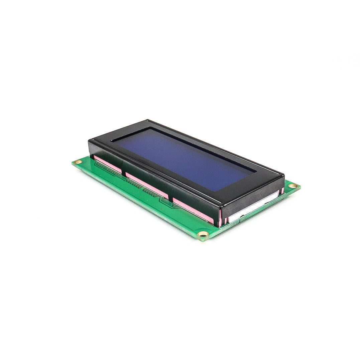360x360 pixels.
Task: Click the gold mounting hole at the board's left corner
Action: click(78, 162)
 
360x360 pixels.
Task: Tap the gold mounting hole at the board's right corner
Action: click(293, 186)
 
